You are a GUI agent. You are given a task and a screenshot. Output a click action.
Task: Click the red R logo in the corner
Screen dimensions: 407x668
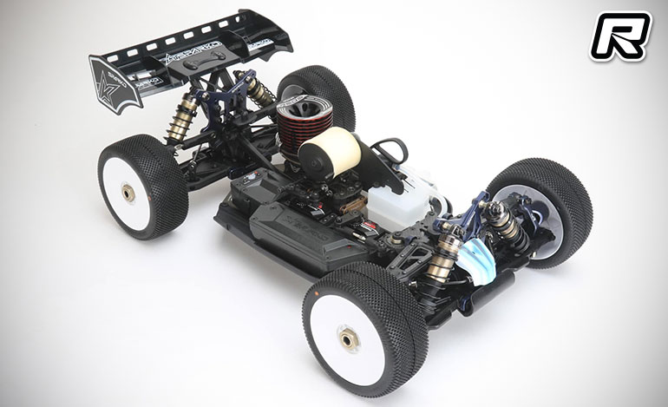tap(620, 36)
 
